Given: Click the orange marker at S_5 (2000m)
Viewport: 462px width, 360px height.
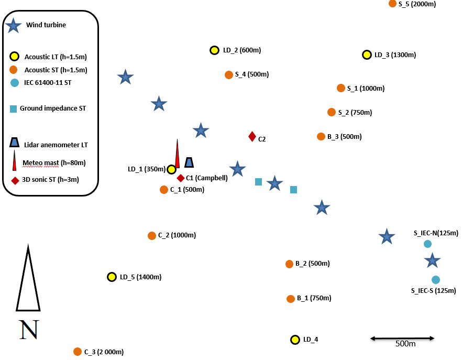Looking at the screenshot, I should coord(392,4).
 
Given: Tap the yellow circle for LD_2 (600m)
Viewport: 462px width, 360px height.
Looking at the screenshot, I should coord(214,50).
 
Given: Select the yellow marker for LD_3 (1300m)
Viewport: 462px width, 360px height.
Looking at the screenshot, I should coord(367,54).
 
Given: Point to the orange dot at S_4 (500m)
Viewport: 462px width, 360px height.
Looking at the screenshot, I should coord(229,74).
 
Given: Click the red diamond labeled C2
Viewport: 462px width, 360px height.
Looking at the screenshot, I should coord(252,137).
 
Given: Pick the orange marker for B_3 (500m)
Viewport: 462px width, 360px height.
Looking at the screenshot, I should coord(321,136).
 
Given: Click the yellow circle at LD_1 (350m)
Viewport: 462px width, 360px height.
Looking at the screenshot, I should coord(171,169).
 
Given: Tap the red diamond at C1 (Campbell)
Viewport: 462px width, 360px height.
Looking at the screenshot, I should coord(181,178).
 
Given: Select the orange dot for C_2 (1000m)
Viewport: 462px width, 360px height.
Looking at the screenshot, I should coord(152,236).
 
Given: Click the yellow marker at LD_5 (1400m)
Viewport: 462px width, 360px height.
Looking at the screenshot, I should coord(112,277).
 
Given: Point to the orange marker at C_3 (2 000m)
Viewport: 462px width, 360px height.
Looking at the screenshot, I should coord(78,352).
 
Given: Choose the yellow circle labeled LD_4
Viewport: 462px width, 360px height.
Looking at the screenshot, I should coord(295,340).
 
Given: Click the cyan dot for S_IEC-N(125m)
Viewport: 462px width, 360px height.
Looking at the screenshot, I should coord(427,244).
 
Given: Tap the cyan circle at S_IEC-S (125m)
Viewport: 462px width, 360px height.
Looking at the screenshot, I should coord(435,279).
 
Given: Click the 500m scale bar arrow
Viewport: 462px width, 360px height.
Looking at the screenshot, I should coord(403,339).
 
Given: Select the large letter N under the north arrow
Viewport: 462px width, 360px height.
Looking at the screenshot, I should coord(29,330).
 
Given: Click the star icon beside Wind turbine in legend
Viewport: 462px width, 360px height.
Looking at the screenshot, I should coord(14,25).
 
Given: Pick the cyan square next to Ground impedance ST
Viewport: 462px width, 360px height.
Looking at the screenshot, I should coord(14,109).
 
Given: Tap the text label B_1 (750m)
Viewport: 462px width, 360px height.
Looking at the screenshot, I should coord(314,299).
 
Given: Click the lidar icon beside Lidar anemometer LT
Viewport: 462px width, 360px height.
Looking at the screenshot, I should coord(14,143).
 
